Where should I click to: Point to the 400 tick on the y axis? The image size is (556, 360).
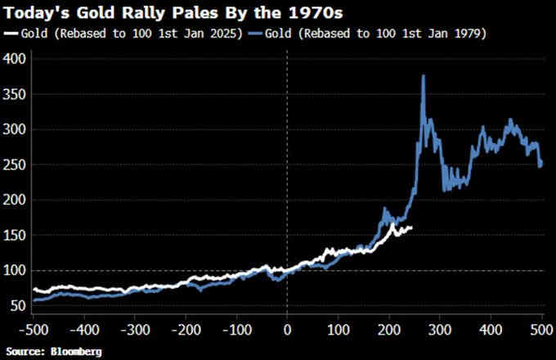click(16, 60)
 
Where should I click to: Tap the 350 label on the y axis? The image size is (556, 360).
click(16, 95)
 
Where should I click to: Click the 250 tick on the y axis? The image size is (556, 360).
click(16, 165)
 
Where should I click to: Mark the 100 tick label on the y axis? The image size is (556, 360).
click(16, 271)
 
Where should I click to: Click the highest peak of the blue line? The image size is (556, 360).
click(423, 76)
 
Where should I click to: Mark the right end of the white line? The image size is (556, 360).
click(410, 227)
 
